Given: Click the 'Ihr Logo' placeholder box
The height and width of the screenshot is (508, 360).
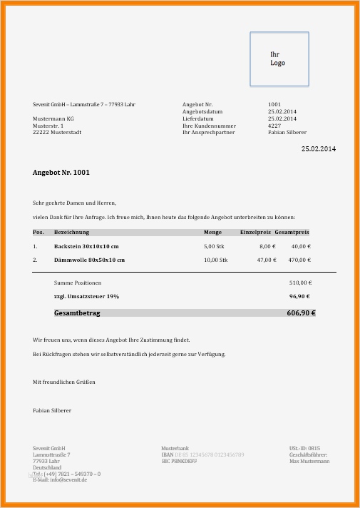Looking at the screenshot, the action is [279, 59].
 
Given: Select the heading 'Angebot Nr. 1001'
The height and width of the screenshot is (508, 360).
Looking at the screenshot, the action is [61, 173].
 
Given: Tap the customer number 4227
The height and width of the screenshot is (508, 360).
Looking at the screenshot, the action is [274, 126].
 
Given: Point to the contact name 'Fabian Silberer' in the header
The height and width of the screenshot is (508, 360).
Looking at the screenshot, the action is [287, 133].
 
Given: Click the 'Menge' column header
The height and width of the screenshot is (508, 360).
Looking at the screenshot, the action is [212, 233].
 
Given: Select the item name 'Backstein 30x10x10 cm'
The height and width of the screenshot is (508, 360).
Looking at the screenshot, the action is [86, 246].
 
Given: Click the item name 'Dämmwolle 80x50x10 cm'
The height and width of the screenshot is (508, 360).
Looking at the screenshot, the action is [89, 260].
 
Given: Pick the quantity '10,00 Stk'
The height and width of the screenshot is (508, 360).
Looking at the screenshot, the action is [215, 260].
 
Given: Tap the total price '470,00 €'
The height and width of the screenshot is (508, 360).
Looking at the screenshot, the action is [300, 260].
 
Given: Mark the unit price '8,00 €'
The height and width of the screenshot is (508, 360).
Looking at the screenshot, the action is [267, 246].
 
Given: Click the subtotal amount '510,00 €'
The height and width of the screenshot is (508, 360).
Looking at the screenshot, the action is [299, 283].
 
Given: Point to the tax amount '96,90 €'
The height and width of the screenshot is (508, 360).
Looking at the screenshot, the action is [300, 295].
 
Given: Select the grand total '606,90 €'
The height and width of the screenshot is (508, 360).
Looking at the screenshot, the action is [301, 313].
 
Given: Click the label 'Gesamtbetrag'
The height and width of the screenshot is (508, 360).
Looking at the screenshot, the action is [77, 313].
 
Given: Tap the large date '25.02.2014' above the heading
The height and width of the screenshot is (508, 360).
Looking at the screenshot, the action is [318, 148].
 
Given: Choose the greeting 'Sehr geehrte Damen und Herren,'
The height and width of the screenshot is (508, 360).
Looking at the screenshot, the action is [74, 203].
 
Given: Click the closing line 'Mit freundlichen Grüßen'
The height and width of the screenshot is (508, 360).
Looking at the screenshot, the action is [64, 382].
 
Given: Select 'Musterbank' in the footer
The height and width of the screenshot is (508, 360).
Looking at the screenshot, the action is [175, 447].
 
